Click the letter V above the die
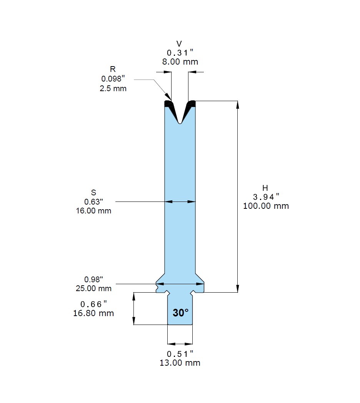coord(179,43)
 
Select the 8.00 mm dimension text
coord(180,62)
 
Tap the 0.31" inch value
coord(180,53)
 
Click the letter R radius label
coord(113,69)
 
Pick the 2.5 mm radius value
coord(113,88)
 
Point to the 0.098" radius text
coord(113,79)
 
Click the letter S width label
coord(93,193)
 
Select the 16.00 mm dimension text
coord(93,211)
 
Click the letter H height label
coord(265,188)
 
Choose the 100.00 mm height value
coord(266,206)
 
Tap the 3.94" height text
coord(266,197)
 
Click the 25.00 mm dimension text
coord(93,288)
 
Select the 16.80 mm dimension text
coord(93,313)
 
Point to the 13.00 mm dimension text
coord(180,363)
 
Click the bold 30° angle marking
coord(181,313)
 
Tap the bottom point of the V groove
coord(180,123)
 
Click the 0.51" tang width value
coord(180,354)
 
